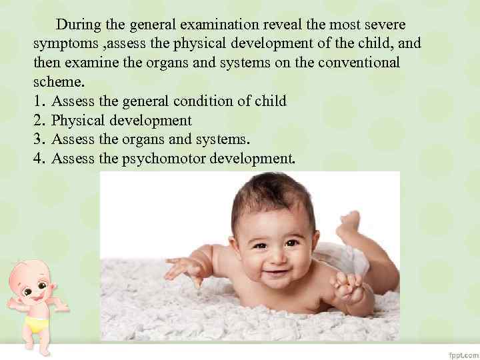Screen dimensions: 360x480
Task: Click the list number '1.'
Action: pyautogui.click(x=39, y=102)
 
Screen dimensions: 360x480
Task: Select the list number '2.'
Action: pyautogui.click(x=39, y=121)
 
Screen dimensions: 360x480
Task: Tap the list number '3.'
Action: pyautogui.click(x=39, y=140)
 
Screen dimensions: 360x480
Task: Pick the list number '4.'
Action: pyautogui.click(x=39, y=159)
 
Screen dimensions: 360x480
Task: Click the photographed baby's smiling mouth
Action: pyautogui.click(x=276, y=273)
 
